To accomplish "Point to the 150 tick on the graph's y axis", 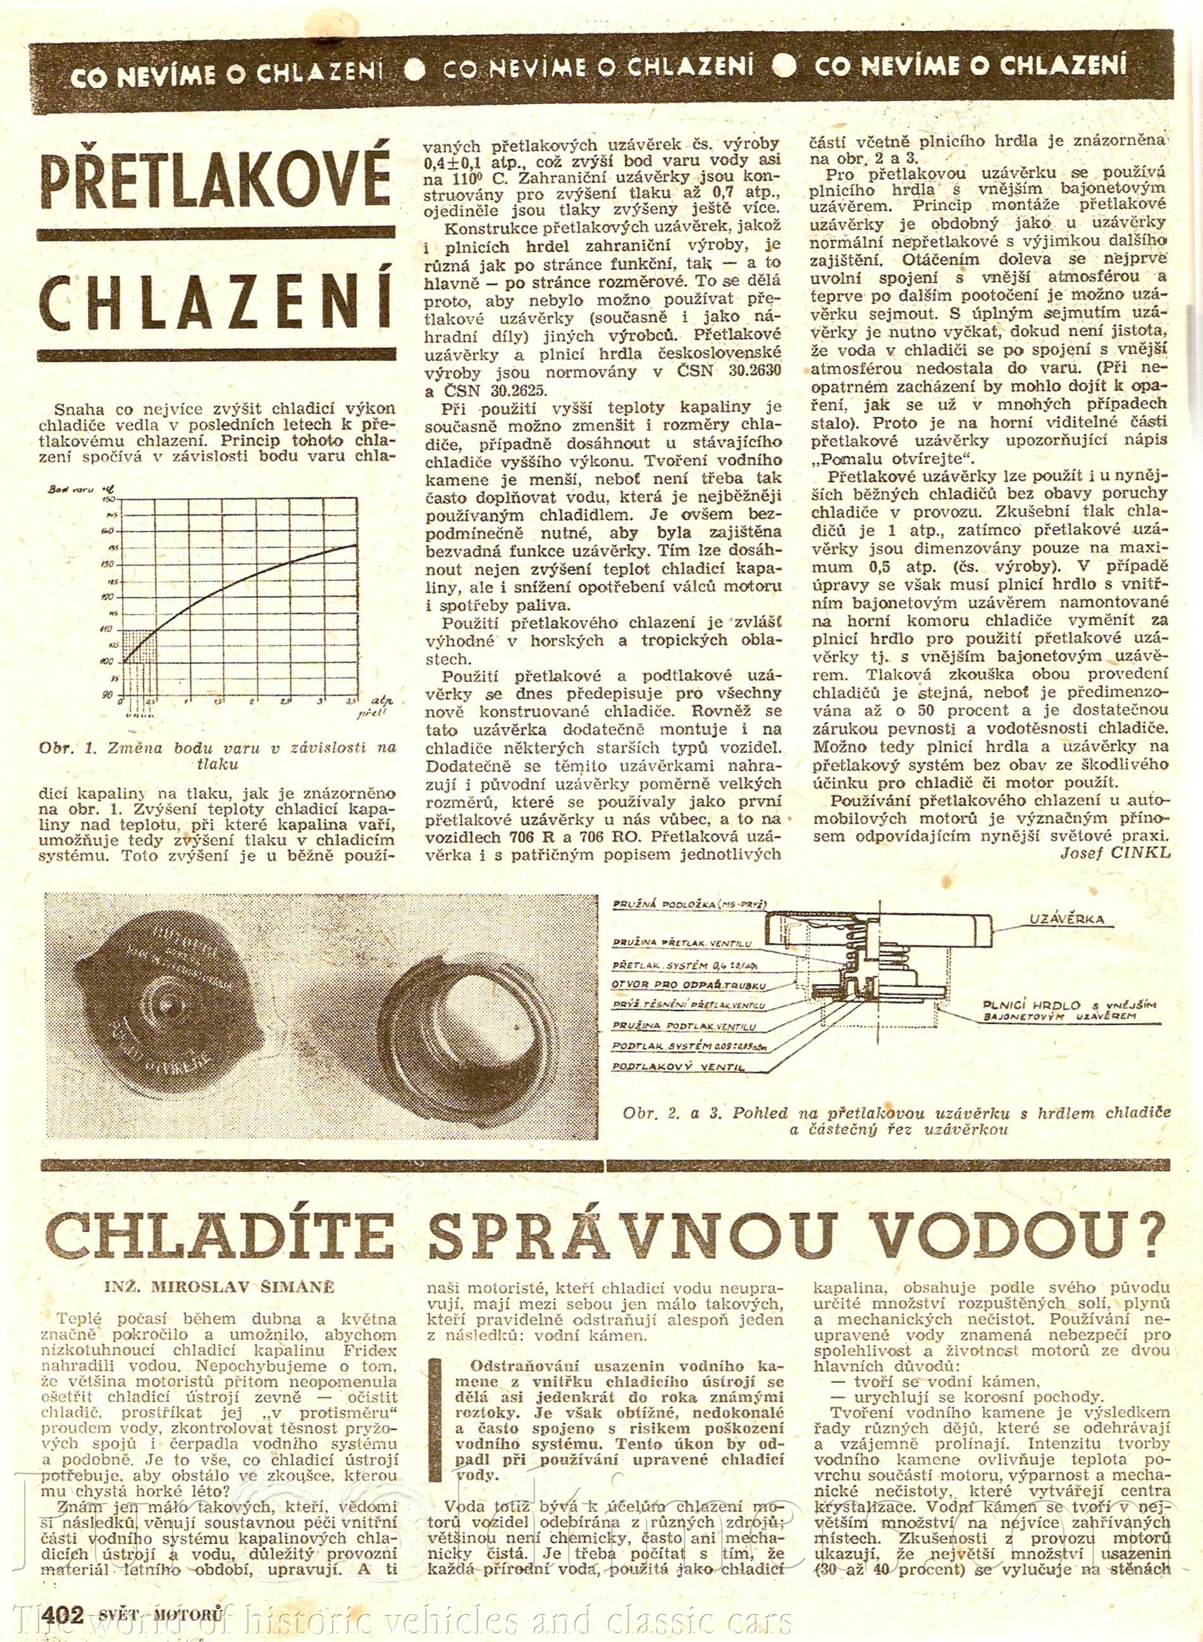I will point(110,499).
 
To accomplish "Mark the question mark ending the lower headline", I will point(1144,1235).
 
